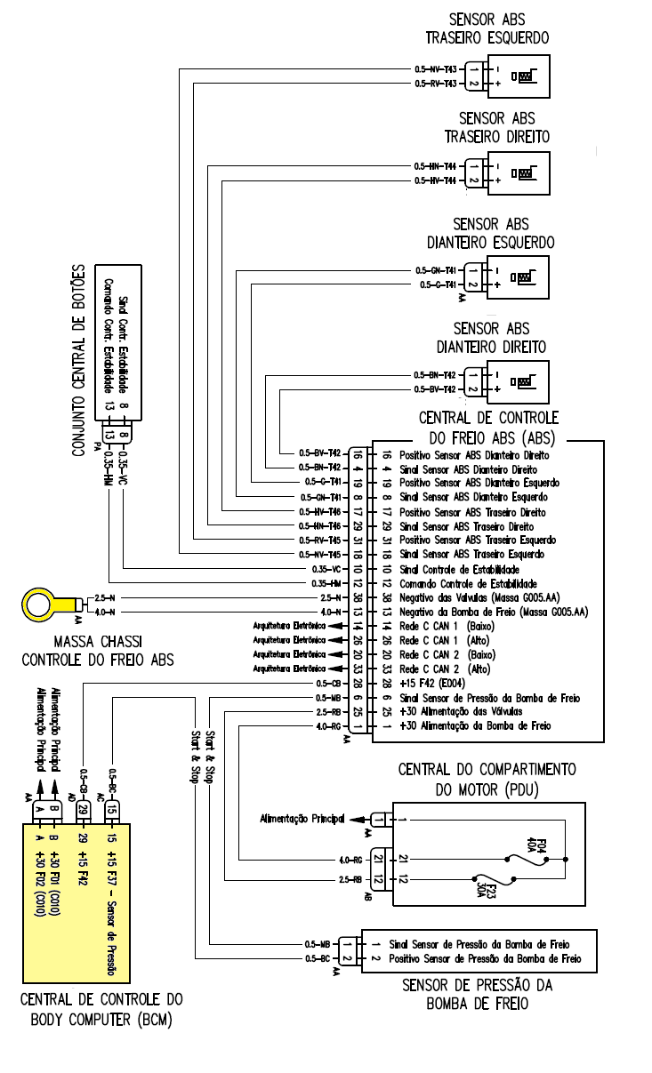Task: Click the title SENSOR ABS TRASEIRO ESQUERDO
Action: (487, 28)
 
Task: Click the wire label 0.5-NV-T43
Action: (435, 68)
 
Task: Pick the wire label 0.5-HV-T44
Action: (435, 180)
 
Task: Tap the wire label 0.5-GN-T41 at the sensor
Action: (435, 269)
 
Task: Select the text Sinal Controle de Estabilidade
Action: (460, 569)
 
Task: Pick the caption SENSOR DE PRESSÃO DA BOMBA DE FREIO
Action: (478, 994)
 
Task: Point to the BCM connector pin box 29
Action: (82, 811)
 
